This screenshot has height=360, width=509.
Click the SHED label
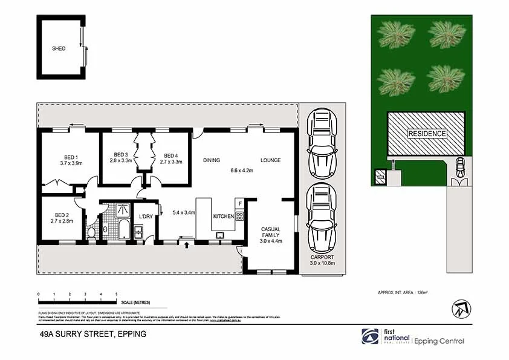point(59,48)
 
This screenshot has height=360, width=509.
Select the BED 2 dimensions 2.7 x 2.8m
point(62,221)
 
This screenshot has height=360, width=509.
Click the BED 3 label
point(121,154)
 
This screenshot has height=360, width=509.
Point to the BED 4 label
point(170,154)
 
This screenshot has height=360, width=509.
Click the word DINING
point(211,160)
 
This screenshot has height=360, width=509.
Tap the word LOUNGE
point(270,160)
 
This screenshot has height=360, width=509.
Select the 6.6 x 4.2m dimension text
point(241,171)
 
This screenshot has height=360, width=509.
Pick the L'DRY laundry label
point(146,217)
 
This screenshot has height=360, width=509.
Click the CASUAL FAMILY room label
point(270,232)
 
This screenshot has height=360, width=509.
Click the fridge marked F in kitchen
point(239,203)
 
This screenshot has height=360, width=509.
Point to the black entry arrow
point(186,245)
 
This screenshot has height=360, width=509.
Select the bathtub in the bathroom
point(123,231)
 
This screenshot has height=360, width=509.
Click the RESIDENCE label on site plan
point(426,134)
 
